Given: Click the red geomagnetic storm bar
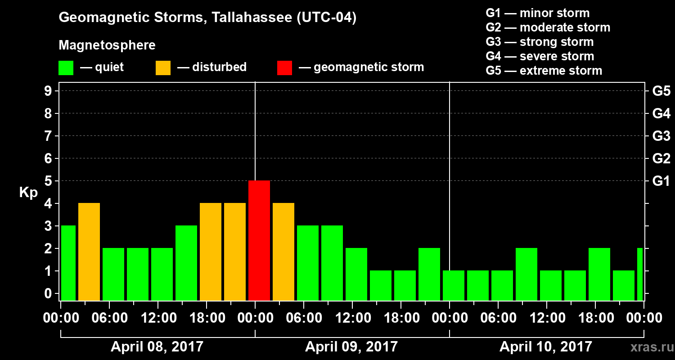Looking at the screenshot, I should tap(259, 240).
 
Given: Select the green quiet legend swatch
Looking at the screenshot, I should tap(66, 67).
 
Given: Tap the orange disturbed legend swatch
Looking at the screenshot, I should tap(163, 67).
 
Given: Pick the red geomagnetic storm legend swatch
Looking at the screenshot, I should tap(284, 67).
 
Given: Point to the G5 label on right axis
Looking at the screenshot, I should tap(661, 91).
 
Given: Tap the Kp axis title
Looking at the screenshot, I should tap(28, 192).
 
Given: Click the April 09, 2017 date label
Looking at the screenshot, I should tap(351, 346).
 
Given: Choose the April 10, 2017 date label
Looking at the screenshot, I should tap(546, 346).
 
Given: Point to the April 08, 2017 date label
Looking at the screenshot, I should tap(157, 346).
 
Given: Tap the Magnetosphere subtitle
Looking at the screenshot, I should tap(107, 45).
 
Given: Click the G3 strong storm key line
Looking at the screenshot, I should tap(540, 42).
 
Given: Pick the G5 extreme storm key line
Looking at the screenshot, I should tap(544, 71).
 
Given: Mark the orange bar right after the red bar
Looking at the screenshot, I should tap(283, 252).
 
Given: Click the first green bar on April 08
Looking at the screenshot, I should tap(68, 263).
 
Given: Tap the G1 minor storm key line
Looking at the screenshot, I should tap(537, 13).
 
